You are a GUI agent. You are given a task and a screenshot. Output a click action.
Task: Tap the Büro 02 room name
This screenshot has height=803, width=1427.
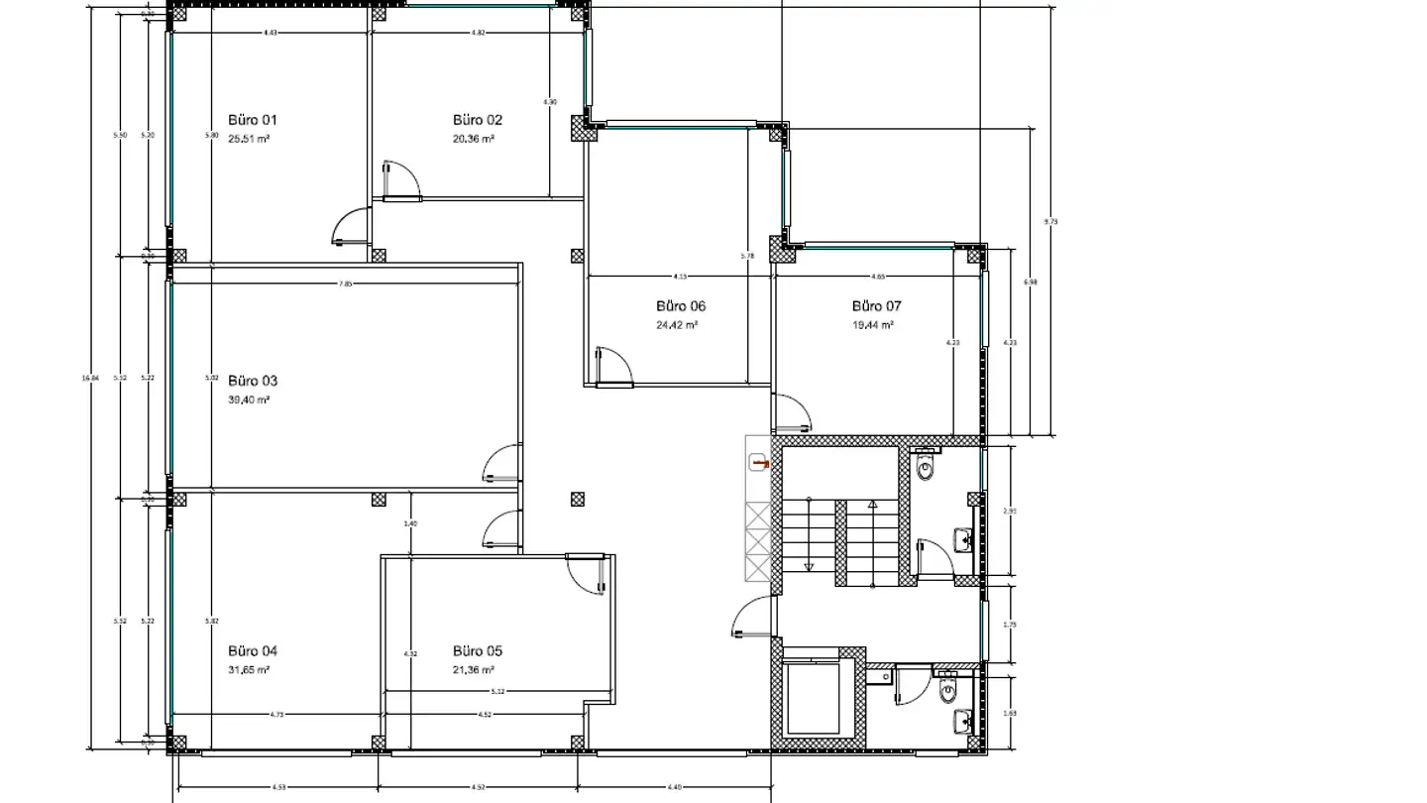[477, 120]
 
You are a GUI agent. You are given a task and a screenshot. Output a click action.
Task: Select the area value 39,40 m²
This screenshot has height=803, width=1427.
[249, 400]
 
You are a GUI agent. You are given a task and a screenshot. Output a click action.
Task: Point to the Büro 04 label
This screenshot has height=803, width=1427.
[253, 651]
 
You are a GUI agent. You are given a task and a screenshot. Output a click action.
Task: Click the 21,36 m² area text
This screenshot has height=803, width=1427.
[474, 670]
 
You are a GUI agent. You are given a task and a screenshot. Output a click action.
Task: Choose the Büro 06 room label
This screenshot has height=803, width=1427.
[681, 306]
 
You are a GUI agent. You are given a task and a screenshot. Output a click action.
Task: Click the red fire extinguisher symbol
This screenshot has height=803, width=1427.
[760, 462]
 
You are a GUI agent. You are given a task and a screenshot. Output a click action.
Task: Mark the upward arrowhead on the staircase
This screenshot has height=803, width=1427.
[872, 505]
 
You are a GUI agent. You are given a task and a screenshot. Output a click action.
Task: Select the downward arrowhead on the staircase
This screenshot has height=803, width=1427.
[809, 567]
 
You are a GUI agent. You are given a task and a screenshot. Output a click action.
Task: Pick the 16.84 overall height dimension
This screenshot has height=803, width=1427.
[95, 378]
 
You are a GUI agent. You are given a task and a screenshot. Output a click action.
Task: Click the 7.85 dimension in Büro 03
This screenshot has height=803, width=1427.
[345, 284]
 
